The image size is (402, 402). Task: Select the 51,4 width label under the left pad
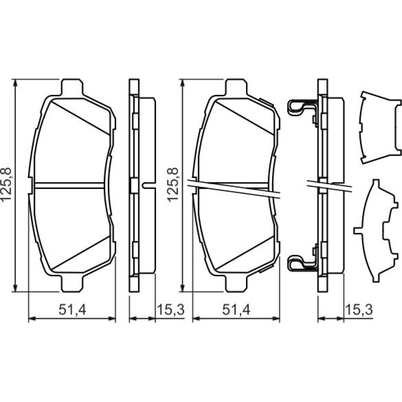tap(72, 310)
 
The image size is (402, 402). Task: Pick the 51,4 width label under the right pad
tap(236, 310)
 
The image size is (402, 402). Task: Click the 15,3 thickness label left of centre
tap(171, 310)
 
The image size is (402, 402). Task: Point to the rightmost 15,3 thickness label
tap(359, 310)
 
